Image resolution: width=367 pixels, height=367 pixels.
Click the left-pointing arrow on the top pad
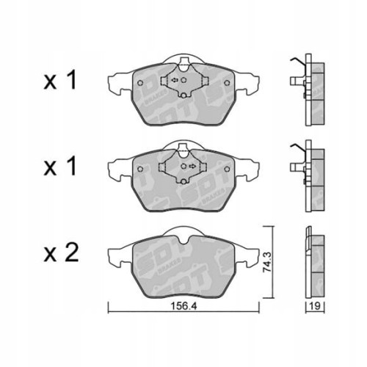point(175,81)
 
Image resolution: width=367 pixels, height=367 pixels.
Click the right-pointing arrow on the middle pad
point(191,167)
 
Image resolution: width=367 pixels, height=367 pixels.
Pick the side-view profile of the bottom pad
point(312,261)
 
